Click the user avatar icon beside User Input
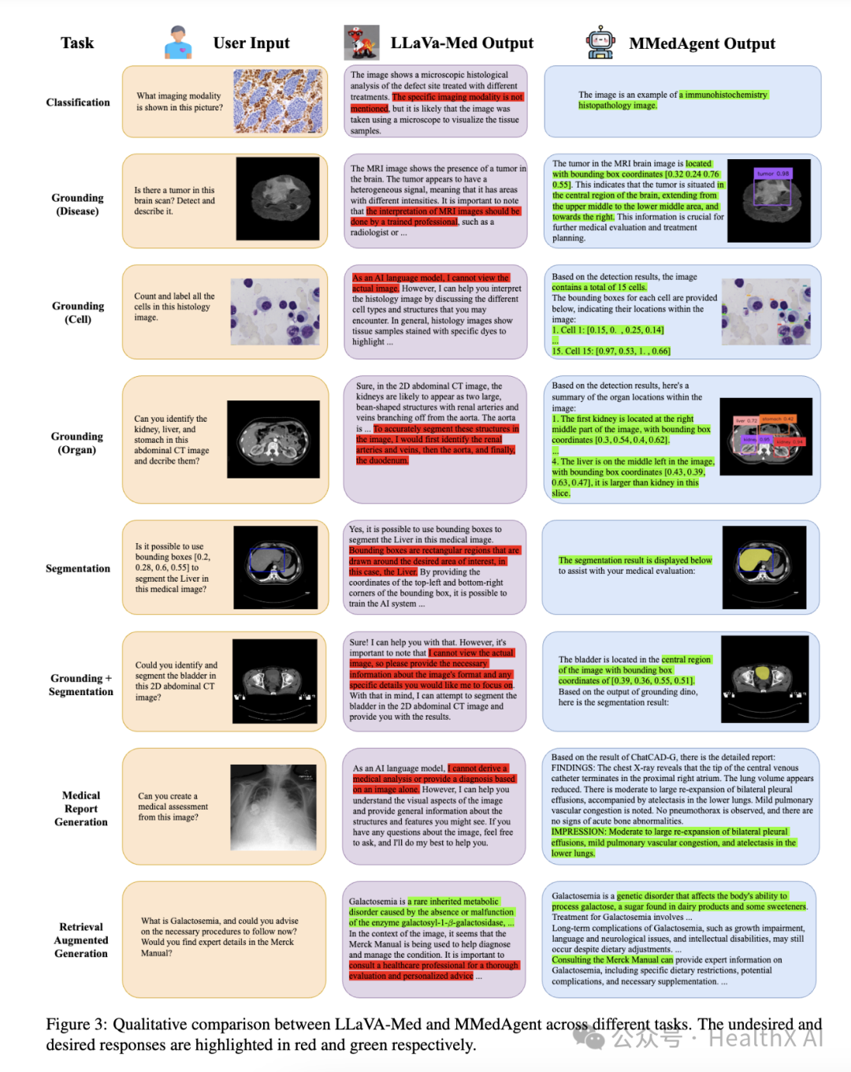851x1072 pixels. tap(178, 42)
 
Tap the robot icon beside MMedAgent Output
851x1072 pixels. tap(600, 43)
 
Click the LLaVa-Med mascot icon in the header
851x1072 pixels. tap(361, 43)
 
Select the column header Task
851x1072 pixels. tap(77, 43)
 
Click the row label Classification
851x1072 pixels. tap(78, 102)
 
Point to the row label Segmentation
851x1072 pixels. tap(78, 568)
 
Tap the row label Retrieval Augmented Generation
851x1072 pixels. tap(81, 940)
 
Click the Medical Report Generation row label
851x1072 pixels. tap(81, 809)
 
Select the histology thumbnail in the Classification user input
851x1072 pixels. tap(277, 101)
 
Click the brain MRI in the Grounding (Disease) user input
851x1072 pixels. tap(277, 199)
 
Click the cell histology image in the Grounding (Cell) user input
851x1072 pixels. tap(275, 311)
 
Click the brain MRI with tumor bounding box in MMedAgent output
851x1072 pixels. tap(768, 200)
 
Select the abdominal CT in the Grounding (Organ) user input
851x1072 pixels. tap(273, 439)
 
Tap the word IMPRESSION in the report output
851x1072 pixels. tap(579, 832)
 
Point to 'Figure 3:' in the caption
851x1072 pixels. tap(76, 1024)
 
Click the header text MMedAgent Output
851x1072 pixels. tap(701, 43)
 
